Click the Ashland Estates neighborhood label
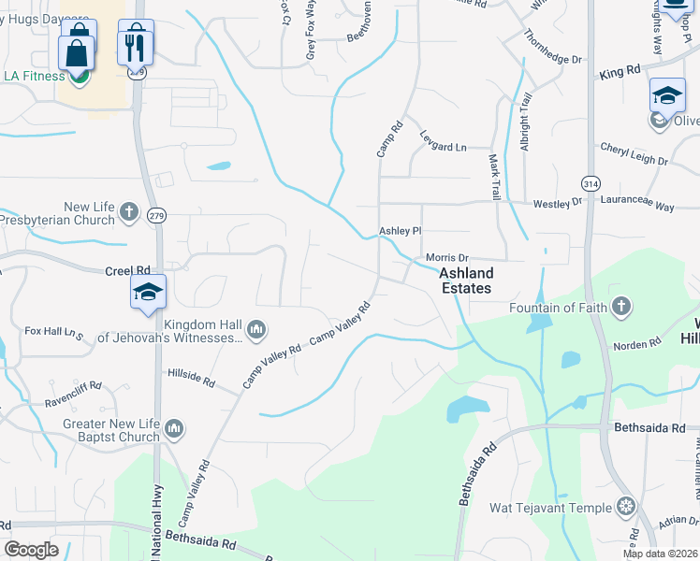point(466,280)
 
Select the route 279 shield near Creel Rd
point(155,215)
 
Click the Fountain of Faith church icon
point(620,307)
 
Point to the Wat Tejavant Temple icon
point(625,508)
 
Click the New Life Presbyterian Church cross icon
point(128,211)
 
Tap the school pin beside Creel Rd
point(148,293)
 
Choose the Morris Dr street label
point(446,257)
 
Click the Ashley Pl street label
point(401,230)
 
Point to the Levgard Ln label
point(443,147)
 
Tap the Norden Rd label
point(636,346)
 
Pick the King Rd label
point(620,71)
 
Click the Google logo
point(31,549)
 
